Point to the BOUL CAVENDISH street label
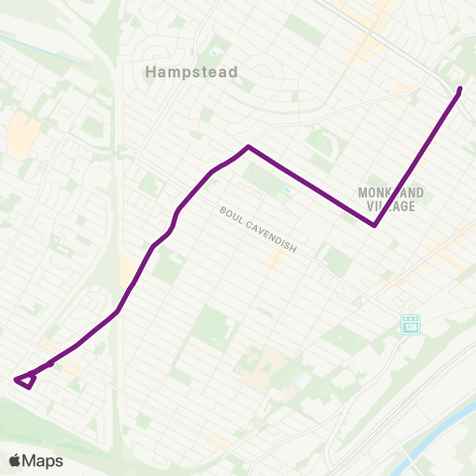259,228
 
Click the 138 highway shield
411,324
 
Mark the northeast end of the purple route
460,90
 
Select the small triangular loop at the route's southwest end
26,380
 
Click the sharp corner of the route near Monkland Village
374,225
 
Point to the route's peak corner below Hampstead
248,147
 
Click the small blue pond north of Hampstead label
212,52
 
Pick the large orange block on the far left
20,134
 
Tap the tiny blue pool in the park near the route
287,189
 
